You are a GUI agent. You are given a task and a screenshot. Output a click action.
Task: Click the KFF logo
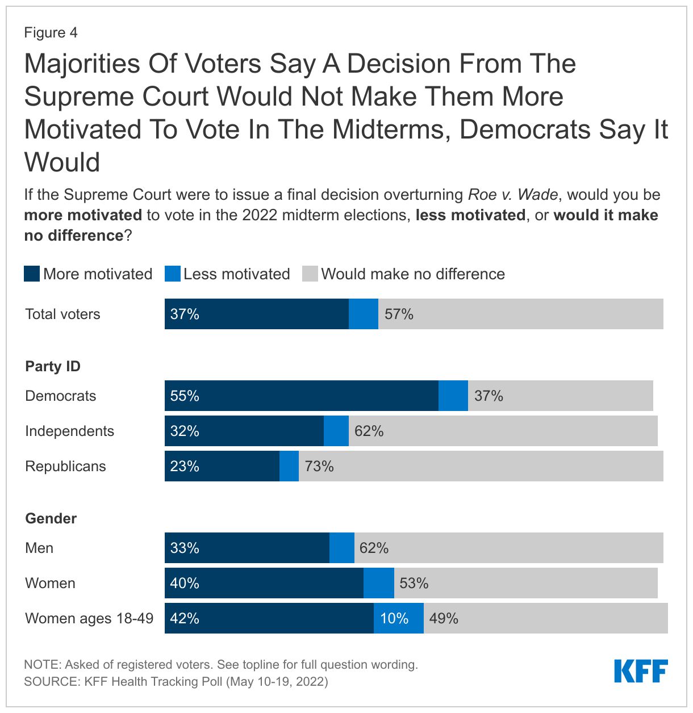[x=641, y=671]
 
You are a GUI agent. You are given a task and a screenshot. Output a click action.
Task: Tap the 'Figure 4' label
[x=51, y=32]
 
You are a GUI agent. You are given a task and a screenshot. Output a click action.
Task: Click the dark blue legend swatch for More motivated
[x=32, y=274]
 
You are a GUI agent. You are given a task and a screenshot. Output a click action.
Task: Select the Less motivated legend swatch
[x=172, y=274]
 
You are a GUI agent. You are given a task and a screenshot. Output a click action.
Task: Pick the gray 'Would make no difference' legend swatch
[x=310, y=274]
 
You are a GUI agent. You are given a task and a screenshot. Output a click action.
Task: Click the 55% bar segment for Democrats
[x=301, y=396]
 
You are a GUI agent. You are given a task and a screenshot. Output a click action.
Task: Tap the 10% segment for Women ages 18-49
[x=398, y=618]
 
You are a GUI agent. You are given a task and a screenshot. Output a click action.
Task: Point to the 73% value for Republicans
[x=319, y=466]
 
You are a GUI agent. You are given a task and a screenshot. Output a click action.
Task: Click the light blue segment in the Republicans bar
[x=289, y=466]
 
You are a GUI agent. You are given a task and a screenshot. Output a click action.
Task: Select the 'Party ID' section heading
[x=53, y=366]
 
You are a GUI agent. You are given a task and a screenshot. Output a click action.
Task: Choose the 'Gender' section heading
[x=51, y=518]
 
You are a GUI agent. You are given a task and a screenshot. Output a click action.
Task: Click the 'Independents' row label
[x=70, y=431]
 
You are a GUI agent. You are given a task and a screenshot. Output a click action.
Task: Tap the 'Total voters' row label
[x=62, y=314]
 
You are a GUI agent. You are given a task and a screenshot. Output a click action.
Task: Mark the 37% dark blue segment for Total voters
[x=256, y=314]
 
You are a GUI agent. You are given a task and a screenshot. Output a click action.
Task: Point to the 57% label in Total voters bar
[x=399, y=314]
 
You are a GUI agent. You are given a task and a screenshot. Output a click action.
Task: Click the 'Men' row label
[x=39, y=548]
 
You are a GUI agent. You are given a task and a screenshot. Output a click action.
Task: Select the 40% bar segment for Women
[x=264, y=583]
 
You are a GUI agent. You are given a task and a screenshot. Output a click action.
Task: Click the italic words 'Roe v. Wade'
[x=513, y=195]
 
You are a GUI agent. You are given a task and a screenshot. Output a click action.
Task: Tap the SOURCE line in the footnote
[x=176, y=681]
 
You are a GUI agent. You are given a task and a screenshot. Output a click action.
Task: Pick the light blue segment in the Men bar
[x=342, y=548]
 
